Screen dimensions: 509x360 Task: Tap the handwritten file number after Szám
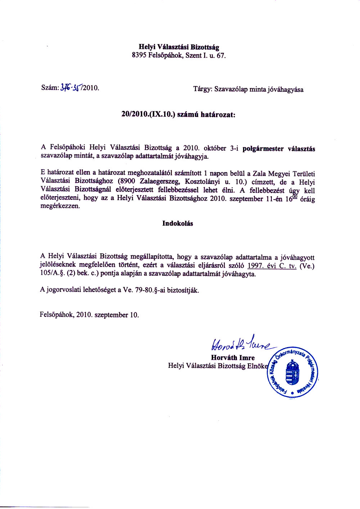[72, 87]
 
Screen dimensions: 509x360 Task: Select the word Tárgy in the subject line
[202, 89]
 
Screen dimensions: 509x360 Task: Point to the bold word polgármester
[263, 148]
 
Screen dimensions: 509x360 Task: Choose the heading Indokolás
[177, 224]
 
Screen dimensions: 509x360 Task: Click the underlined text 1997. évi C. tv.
[272, 266]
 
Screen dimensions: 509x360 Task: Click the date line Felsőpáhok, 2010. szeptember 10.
[89, 315]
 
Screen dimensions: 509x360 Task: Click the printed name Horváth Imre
[233, 358]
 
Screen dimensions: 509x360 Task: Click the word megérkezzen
[60, 207]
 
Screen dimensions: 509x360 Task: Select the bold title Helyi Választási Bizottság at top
[179, 47]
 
